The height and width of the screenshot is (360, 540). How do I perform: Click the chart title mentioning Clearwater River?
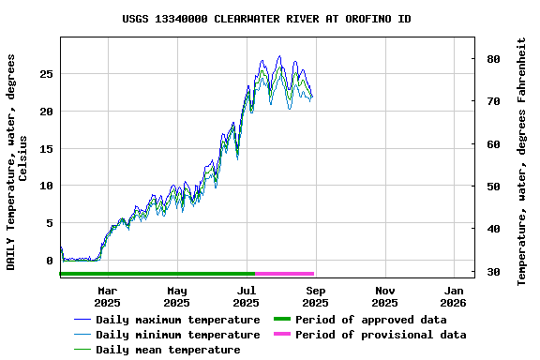click(x=266, y=19)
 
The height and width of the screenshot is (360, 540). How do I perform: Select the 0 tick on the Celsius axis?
click(x=50, y=262)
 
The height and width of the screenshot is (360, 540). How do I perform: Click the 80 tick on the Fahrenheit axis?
click(x=492, y=59)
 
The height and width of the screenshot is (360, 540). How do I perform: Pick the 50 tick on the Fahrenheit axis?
click(x=492, y=187)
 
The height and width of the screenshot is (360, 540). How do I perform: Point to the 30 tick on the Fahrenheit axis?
click(x=492, y=272)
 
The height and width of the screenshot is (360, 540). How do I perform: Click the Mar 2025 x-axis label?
click(x=107, y=296)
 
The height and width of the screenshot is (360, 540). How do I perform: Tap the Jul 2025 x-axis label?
click(x=246, y=296)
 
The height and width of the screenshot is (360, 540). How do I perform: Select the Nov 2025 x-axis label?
click(x=384, y=296)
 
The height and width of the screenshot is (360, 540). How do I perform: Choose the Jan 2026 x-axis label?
click(x=454, y=296)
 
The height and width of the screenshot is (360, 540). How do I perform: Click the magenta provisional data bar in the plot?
click(x=284, y=274)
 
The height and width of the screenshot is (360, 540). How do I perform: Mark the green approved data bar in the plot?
click(x=157, y=274)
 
